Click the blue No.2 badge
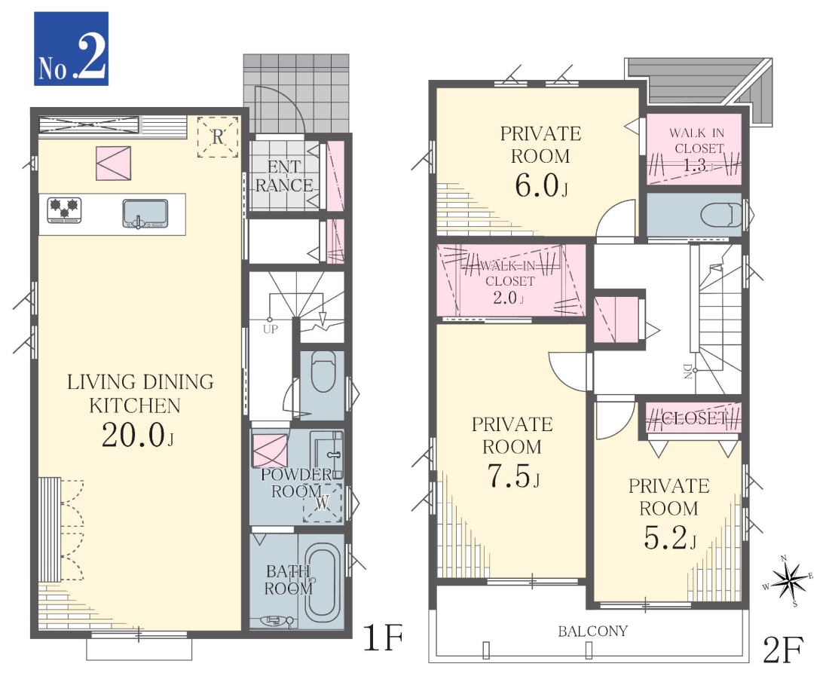(x=72, y=49)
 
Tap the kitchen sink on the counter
(x=145, y=213)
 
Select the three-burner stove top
(x=65, y=210)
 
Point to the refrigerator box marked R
(x=218, y=137)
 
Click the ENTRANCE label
(x=284, y=176)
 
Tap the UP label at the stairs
(x=270, y=329)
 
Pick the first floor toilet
(x=323, y=372)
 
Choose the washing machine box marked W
(x=323, y=503)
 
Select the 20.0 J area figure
(x=137, y=436)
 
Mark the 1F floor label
(x=383, y=638)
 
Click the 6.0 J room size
(x=541, y=185)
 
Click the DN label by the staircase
(x=687, y=371)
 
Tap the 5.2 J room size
(x=669, y=538)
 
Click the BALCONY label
(x=592, y=631)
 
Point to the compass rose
(x=788, y=581)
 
